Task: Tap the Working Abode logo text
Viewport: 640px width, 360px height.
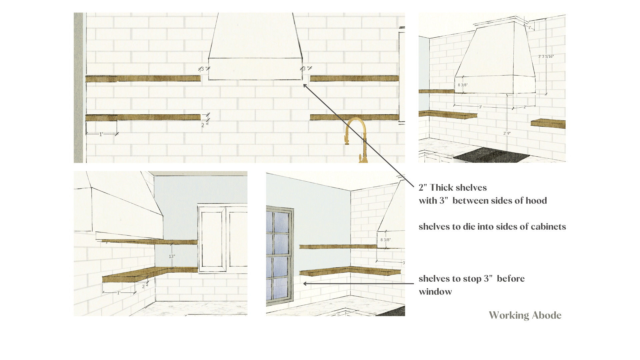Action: click(525, 315)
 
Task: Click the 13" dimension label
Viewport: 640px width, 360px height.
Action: click(172, 256)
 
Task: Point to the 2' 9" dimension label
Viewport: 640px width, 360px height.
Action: click(507, 133)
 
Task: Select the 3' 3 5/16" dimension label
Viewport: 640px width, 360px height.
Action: click(546, 56)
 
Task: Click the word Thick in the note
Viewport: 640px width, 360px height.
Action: click(442, 188)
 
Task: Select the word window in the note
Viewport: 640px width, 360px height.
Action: click(435, 292)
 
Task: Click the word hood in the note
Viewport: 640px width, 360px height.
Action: click(536, 201)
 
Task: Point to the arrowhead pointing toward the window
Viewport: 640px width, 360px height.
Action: click(305, 284)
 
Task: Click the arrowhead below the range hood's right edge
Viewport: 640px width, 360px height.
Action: click(305, 86)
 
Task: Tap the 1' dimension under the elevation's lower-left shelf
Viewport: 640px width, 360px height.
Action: click(101, 134)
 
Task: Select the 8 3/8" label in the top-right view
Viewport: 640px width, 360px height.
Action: click(463, 85)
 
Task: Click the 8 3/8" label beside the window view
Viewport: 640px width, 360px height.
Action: click(386, 240)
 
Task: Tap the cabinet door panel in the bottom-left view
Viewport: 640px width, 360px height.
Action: click(212, 239)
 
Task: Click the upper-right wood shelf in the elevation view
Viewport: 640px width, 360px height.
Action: click(354, 79)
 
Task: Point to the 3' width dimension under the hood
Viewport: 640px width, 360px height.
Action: click(480, 107)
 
